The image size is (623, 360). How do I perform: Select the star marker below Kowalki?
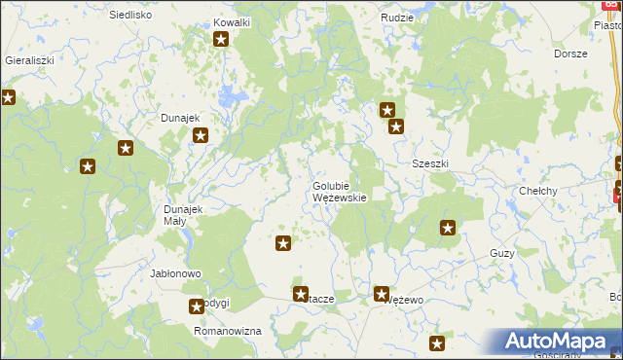[x=221, y=40]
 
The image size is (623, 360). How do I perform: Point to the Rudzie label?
[x=397, y=18]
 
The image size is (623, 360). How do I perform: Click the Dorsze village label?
[x=570, y=54]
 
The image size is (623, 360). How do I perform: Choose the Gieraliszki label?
[x=29, y=59]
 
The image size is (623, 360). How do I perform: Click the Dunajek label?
[x=180, y=119]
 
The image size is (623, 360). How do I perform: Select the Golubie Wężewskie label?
[x=339, y=192]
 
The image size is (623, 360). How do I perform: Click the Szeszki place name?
[x=430, y=163]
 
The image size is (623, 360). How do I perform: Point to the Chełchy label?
[x=537, y=191]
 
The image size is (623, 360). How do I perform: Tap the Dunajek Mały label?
[x=181, y=215]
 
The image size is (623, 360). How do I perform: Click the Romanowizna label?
[x=228, y=332]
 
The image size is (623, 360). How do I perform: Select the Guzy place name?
[x=502, y=253]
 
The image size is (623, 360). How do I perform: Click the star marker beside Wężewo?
[x=382, y=293]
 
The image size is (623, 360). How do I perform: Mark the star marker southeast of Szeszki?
[x=448, y=229]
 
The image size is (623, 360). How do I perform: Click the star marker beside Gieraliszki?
[x=8, y=97]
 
